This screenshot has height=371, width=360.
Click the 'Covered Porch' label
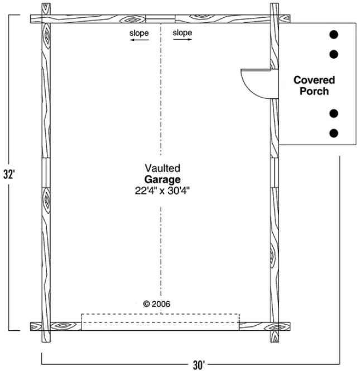point(314,85)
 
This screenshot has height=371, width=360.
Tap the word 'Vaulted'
point(162,168)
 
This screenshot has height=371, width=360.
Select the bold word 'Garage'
point(162,179)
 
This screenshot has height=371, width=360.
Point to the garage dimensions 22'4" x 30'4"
point(162,191)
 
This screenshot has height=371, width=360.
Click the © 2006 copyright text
point(157,304)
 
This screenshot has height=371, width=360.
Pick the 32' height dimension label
point(8,174)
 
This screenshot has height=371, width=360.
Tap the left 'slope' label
point(139,33)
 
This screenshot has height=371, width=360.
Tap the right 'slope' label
point(182,33)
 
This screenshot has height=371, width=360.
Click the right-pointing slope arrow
point(182,41)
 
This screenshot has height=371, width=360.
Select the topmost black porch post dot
point(334,34)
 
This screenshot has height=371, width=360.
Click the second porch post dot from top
point(334,54)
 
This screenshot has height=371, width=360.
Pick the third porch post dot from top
point(334,113)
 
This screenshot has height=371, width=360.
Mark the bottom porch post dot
point(334,133)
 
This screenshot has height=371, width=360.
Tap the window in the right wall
point(274,173)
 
